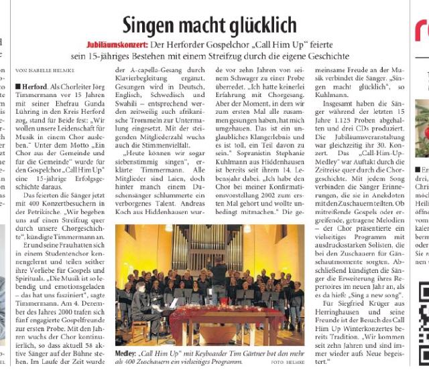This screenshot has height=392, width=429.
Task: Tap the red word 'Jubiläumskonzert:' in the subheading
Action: tap(115, 45)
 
